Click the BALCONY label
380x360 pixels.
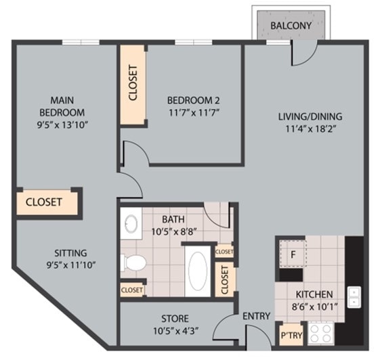[x=291, y=26]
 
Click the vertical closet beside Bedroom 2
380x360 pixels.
[x=133, y=84]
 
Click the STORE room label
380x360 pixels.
[x=175, y=318]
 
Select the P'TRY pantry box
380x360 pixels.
[x=291, y=335]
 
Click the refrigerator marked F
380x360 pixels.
[x=293, y=255]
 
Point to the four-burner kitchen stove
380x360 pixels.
[x=320, y=332]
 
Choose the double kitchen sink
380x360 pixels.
[x=354, y=296]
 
